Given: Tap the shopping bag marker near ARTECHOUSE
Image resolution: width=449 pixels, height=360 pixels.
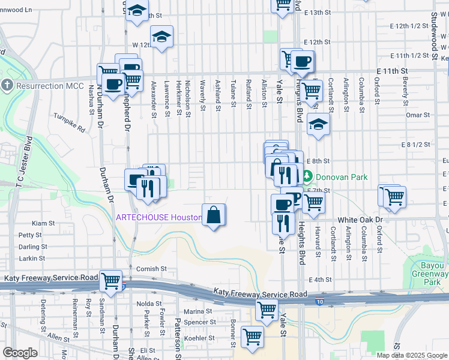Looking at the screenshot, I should click(214, 215).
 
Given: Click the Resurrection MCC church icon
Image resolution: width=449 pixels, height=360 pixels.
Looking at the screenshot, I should click(7, 86).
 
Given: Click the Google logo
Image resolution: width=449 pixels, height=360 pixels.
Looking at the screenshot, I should click(20, 353).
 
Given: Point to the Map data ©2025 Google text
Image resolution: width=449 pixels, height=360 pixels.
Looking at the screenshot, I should click(412, 355).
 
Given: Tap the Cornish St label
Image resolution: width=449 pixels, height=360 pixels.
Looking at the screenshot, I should click(150, 269).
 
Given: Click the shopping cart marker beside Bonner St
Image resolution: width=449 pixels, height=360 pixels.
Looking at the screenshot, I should click(252, 336).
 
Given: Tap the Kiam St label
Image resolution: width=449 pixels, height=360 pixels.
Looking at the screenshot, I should click(43, 223).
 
